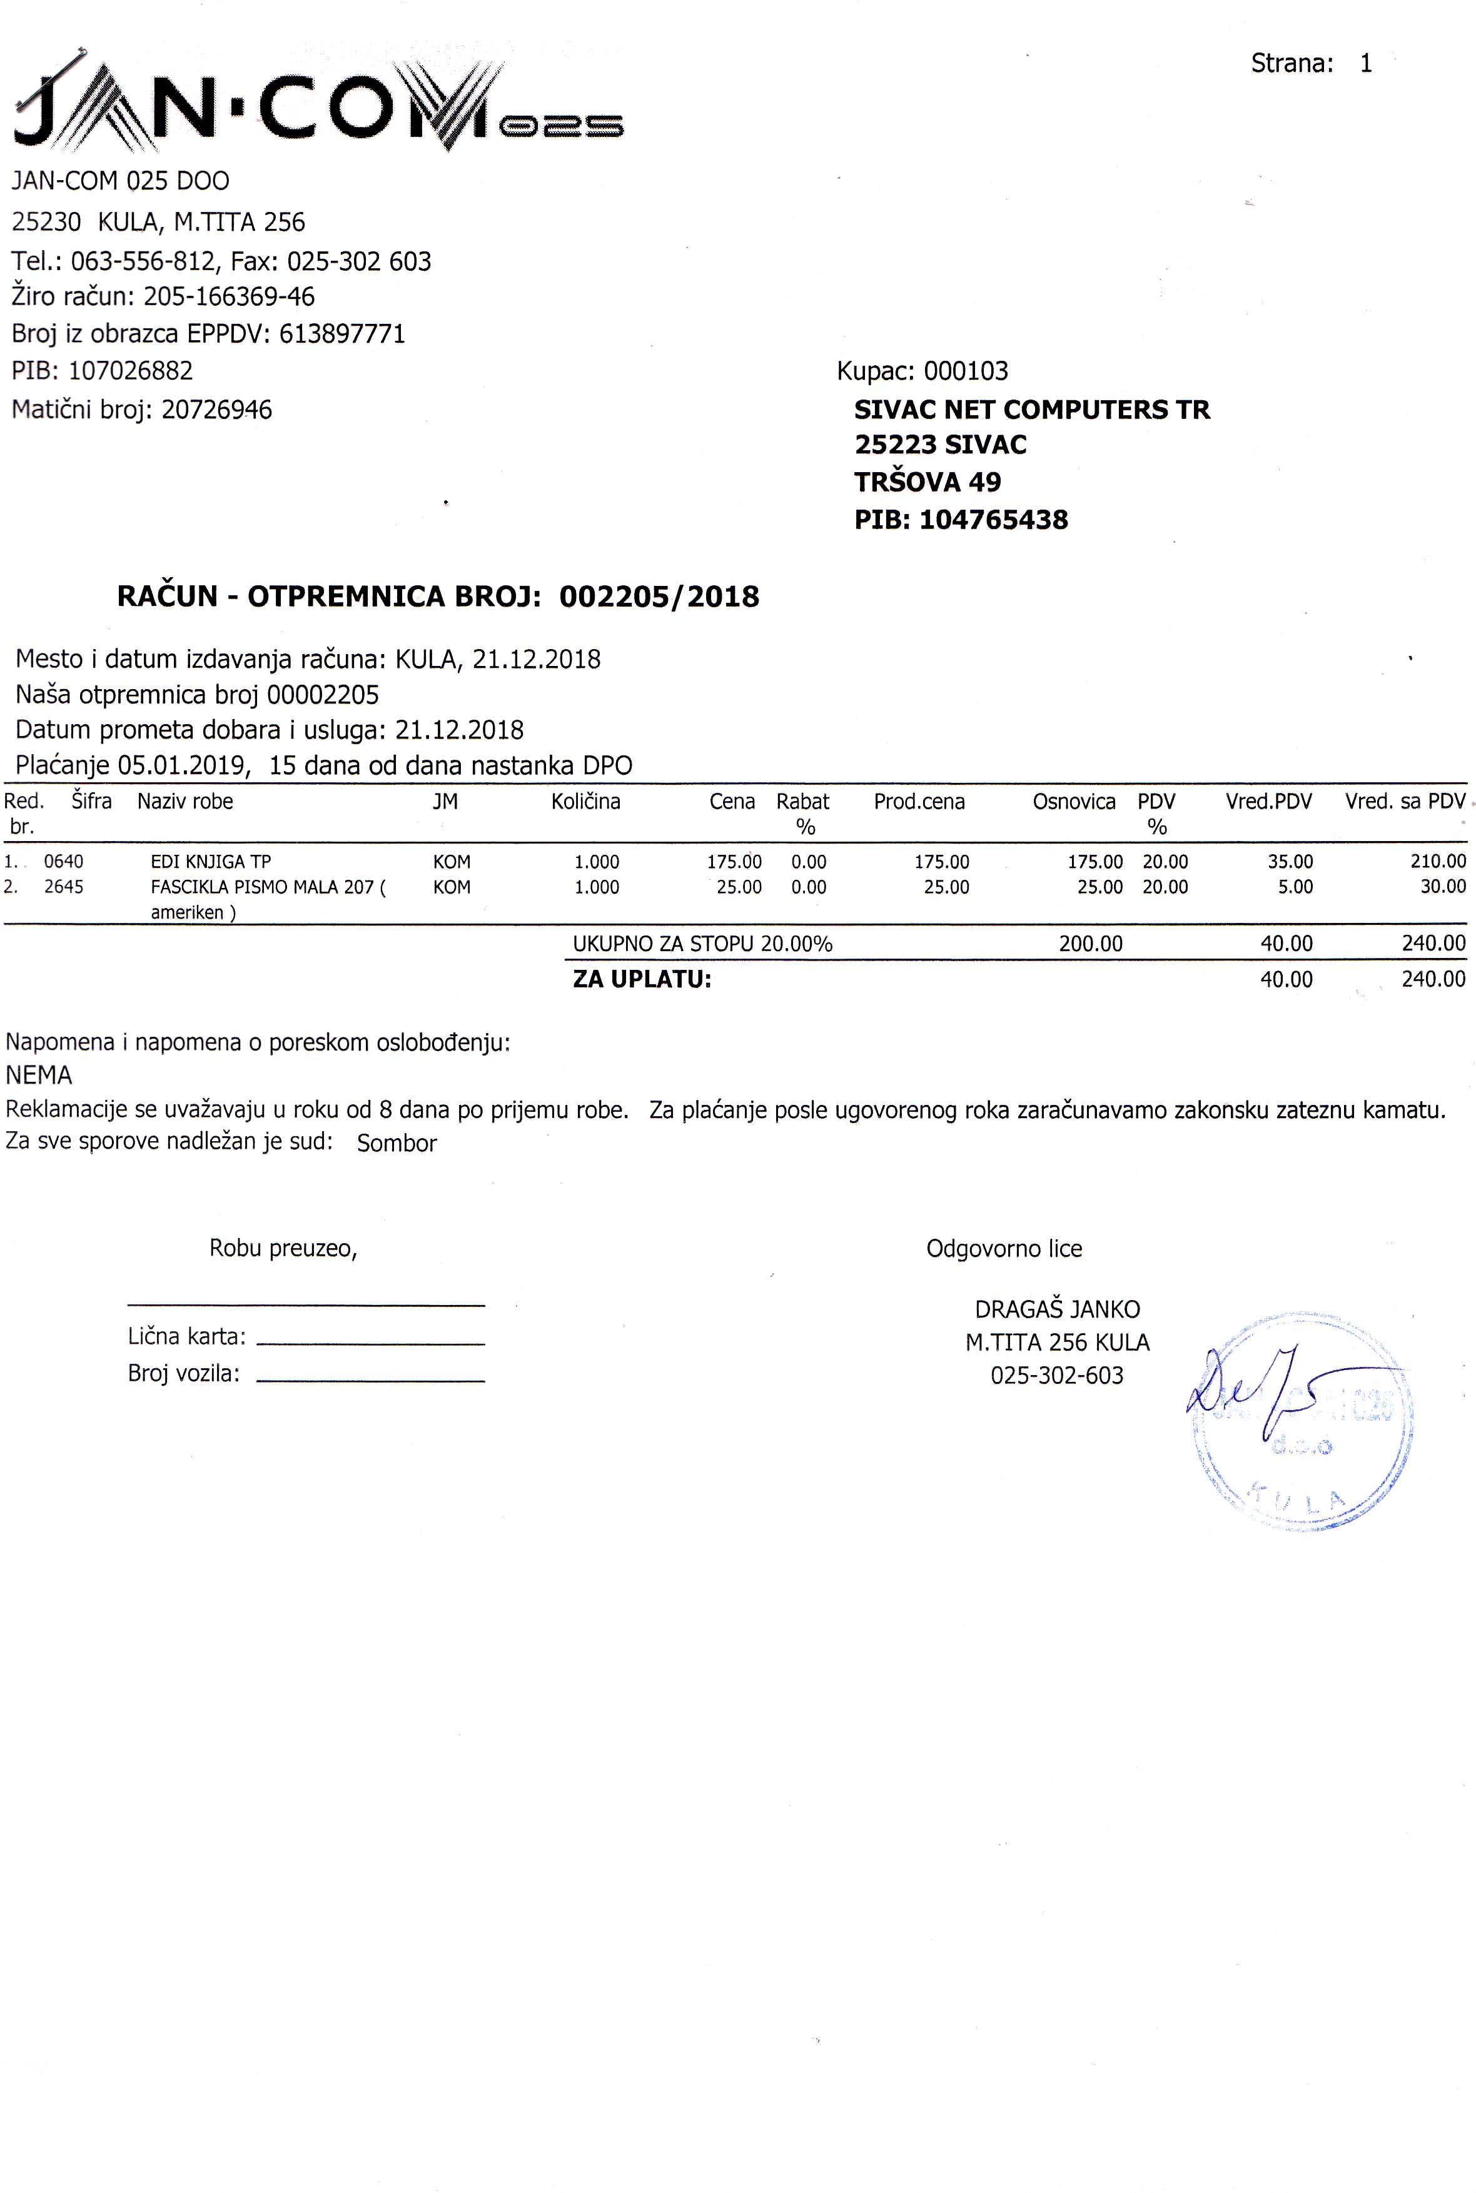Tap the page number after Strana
click(x=1366, y=64)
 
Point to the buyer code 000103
click(x=966, y=371)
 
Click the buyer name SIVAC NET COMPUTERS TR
click(x=1032, y=410)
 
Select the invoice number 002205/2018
click(x=659, y=597)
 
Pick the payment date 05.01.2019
click(x=184, y=765)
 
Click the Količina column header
click(x=585, y=802)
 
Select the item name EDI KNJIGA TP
click(x=211, y=861)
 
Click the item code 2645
click(x=64, y=887)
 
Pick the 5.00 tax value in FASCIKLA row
click(x=1295, y=887)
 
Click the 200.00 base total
click(x=1090, y=943)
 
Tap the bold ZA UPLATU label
click(x=642, y=979)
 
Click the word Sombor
click(x=397, y=1144)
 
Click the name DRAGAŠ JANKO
click(x=1057, y=1309)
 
